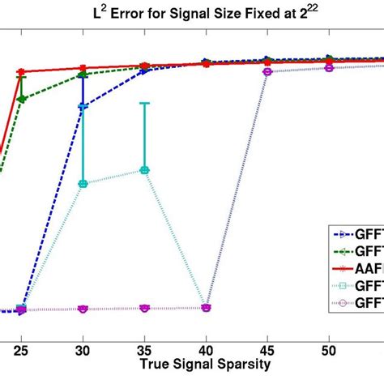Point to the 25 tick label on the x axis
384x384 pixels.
pos(21,346)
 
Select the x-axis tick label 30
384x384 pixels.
pos(83,346)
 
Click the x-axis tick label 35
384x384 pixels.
pos(144,346)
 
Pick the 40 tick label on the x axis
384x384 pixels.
pos(206,346)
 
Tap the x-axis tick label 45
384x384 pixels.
pos(267,346)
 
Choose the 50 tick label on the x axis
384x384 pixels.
pos(329,346)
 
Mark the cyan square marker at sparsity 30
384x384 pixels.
pos(83,183)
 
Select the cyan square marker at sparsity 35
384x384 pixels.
pos(144,170)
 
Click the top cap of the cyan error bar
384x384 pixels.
pos(144,103)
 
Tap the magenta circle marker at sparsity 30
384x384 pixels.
pos(83,309)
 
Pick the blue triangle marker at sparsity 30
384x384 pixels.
pos(83,106)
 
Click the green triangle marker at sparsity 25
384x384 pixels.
pos(21,99)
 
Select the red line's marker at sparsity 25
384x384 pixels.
pos(21,72)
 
